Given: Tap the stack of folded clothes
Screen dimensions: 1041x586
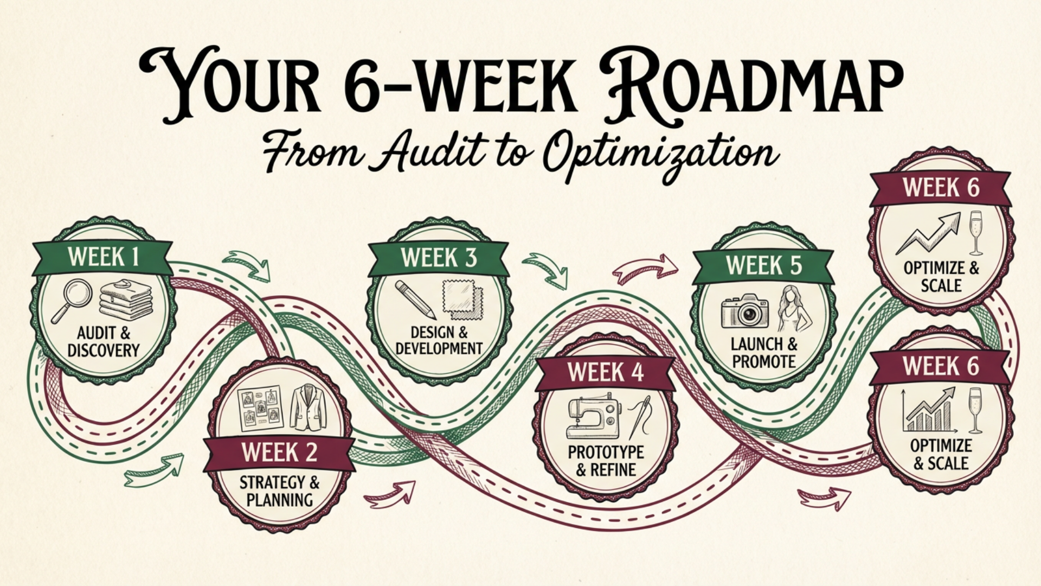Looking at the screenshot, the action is pos(126,300).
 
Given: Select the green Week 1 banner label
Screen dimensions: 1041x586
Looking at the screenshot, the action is pos(103,257).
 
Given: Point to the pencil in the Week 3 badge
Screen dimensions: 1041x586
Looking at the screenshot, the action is pos(415,300).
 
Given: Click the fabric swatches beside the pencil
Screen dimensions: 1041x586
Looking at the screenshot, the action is pos(462,299).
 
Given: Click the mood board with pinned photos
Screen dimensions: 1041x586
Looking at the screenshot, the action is pos(261,408).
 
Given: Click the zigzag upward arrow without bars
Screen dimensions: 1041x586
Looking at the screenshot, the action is pos(928,234).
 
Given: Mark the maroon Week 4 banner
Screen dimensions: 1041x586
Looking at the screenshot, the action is pos(605,373).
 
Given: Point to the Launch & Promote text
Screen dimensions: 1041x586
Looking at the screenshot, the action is pos(763,353).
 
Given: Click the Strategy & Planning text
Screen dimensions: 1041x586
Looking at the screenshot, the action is pos(279,491).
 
